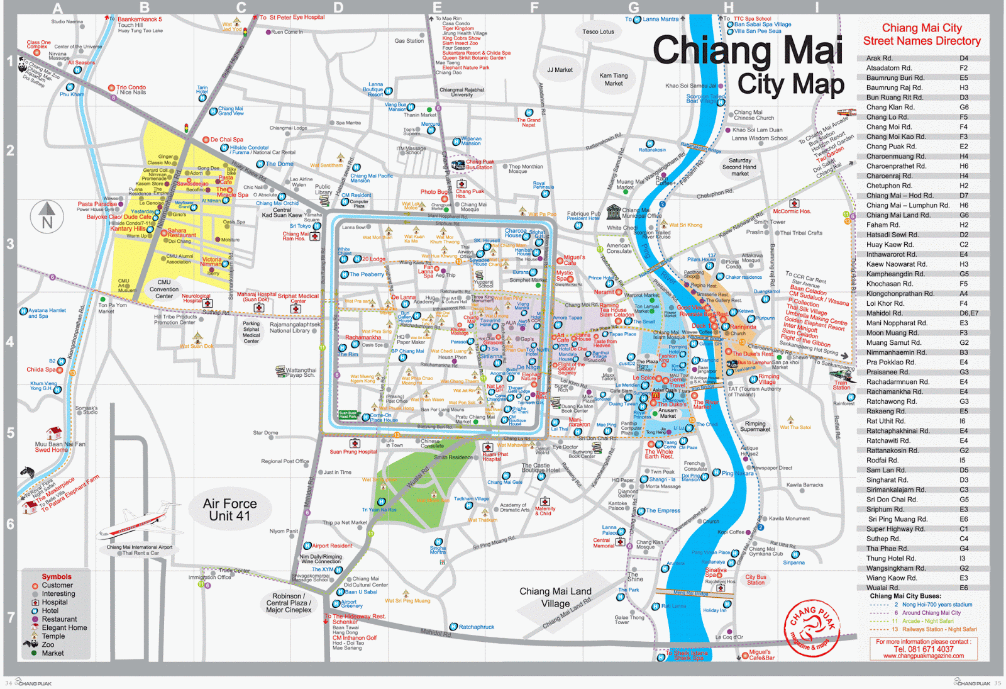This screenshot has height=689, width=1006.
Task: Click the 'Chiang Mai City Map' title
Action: (x=748, y=66)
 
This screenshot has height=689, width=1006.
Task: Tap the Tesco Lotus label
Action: (x=598, y=31)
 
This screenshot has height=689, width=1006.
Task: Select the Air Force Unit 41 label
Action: (x=229, y=510)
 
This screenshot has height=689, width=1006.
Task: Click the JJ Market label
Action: (x=560, y=70)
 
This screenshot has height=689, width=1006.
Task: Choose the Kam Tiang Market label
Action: (x=614, y=79)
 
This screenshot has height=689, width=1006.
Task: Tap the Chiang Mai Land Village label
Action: (x=555, y=597)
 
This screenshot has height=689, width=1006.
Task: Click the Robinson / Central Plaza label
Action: (x=289, y=603)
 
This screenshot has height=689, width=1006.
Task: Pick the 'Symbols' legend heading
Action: (x=57, y=576)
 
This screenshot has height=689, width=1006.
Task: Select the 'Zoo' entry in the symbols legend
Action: (x=48, y=644)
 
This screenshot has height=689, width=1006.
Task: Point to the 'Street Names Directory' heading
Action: (x=922, y=41)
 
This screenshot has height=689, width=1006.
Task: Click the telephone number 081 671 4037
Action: (x=924, y=649)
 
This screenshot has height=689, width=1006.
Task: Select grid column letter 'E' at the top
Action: (x=438, y=8)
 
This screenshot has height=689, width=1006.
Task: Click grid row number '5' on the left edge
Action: (x=10, y=433)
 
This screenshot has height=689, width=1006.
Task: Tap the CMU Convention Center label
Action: (x=164, y=289)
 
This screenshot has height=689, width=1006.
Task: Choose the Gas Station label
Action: (x=409, y=41)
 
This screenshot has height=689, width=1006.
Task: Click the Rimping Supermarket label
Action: (x=755, y=427)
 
